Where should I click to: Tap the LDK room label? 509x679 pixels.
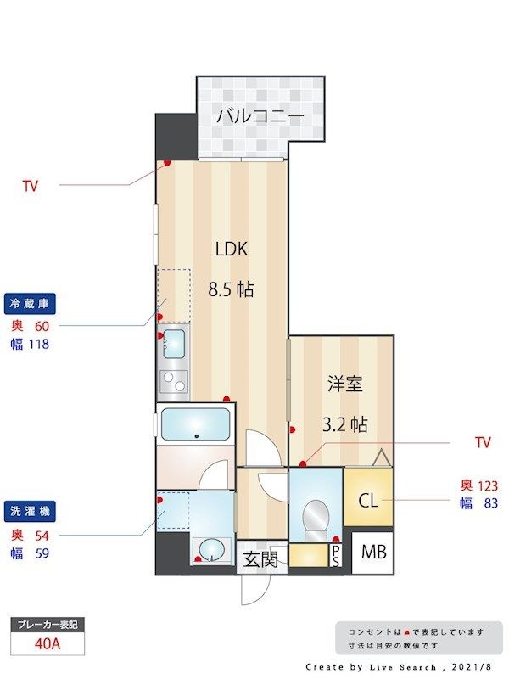(x=231, y=249)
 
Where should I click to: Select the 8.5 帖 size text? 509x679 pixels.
(x=231, y=289)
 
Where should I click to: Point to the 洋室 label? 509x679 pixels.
(x=345, y=384)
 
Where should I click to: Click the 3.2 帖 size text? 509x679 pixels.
(x=345, y=424)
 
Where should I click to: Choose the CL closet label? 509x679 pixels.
(x=367, y=501)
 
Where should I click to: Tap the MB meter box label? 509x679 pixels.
(x=374, y=553)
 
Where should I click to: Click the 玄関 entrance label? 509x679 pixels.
(x=260, y=559)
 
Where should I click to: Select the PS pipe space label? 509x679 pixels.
(x=336, y=556)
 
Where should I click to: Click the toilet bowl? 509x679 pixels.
(x=315, y=516)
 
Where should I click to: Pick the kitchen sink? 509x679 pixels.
(x=174, y=345)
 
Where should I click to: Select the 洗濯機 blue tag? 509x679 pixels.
(x=31, y=512)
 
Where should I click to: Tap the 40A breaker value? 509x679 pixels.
(x=47, y=643)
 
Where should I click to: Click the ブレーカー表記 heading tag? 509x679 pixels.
(x=47, y=625)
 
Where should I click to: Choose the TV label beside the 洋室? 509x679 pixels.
(x=483, y=442)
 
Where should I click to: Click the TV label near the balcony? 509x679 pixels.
(x=30, y=184)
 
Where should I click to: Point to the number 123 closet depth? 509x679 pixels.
(x=488, y=485)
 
